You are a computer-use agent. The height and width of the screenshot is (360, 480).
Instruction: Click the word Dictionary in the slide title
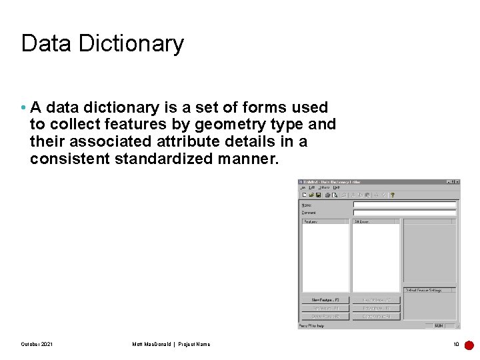(x=131, y=44)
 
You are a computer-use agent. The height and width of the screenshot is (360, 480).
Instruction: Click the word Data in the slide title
(x=47, y=44)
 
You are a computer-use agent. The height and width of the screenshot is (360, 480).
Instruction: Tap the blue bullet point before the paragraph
(x=23, y=108)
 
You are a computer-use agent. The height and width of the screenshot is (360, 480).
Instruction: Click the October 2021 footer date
(x=37, y=344)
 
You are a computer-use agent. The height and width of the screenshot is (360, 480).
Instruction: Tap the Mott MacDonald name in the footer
(x=152, y=344)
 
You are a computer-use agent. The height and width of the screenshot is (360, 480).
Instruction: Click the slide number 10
(x=456, y=344)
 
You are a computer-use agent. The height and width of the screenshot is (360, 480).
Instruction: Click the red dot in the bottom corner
(x=469, y=345)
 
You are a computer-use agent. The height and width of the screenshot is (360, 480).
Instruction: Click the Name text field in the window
(x=405, y=205)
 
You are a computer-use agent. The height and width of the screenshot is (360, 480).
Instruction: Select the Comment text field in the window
(x=405, y=213)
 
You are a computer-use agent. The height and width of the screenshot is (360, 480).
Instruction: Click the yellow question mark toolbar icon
(x=393, y=195)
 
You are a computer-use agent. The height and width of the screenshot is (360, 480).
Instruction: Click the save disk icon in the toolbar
(x=319, y=195)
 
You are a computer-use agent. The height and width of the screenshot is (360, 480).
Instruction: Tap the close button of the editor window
(x=457, y=182)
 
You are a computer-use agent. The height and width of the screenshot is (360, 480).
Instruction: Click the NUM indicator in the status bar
(x=439, y=326)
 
